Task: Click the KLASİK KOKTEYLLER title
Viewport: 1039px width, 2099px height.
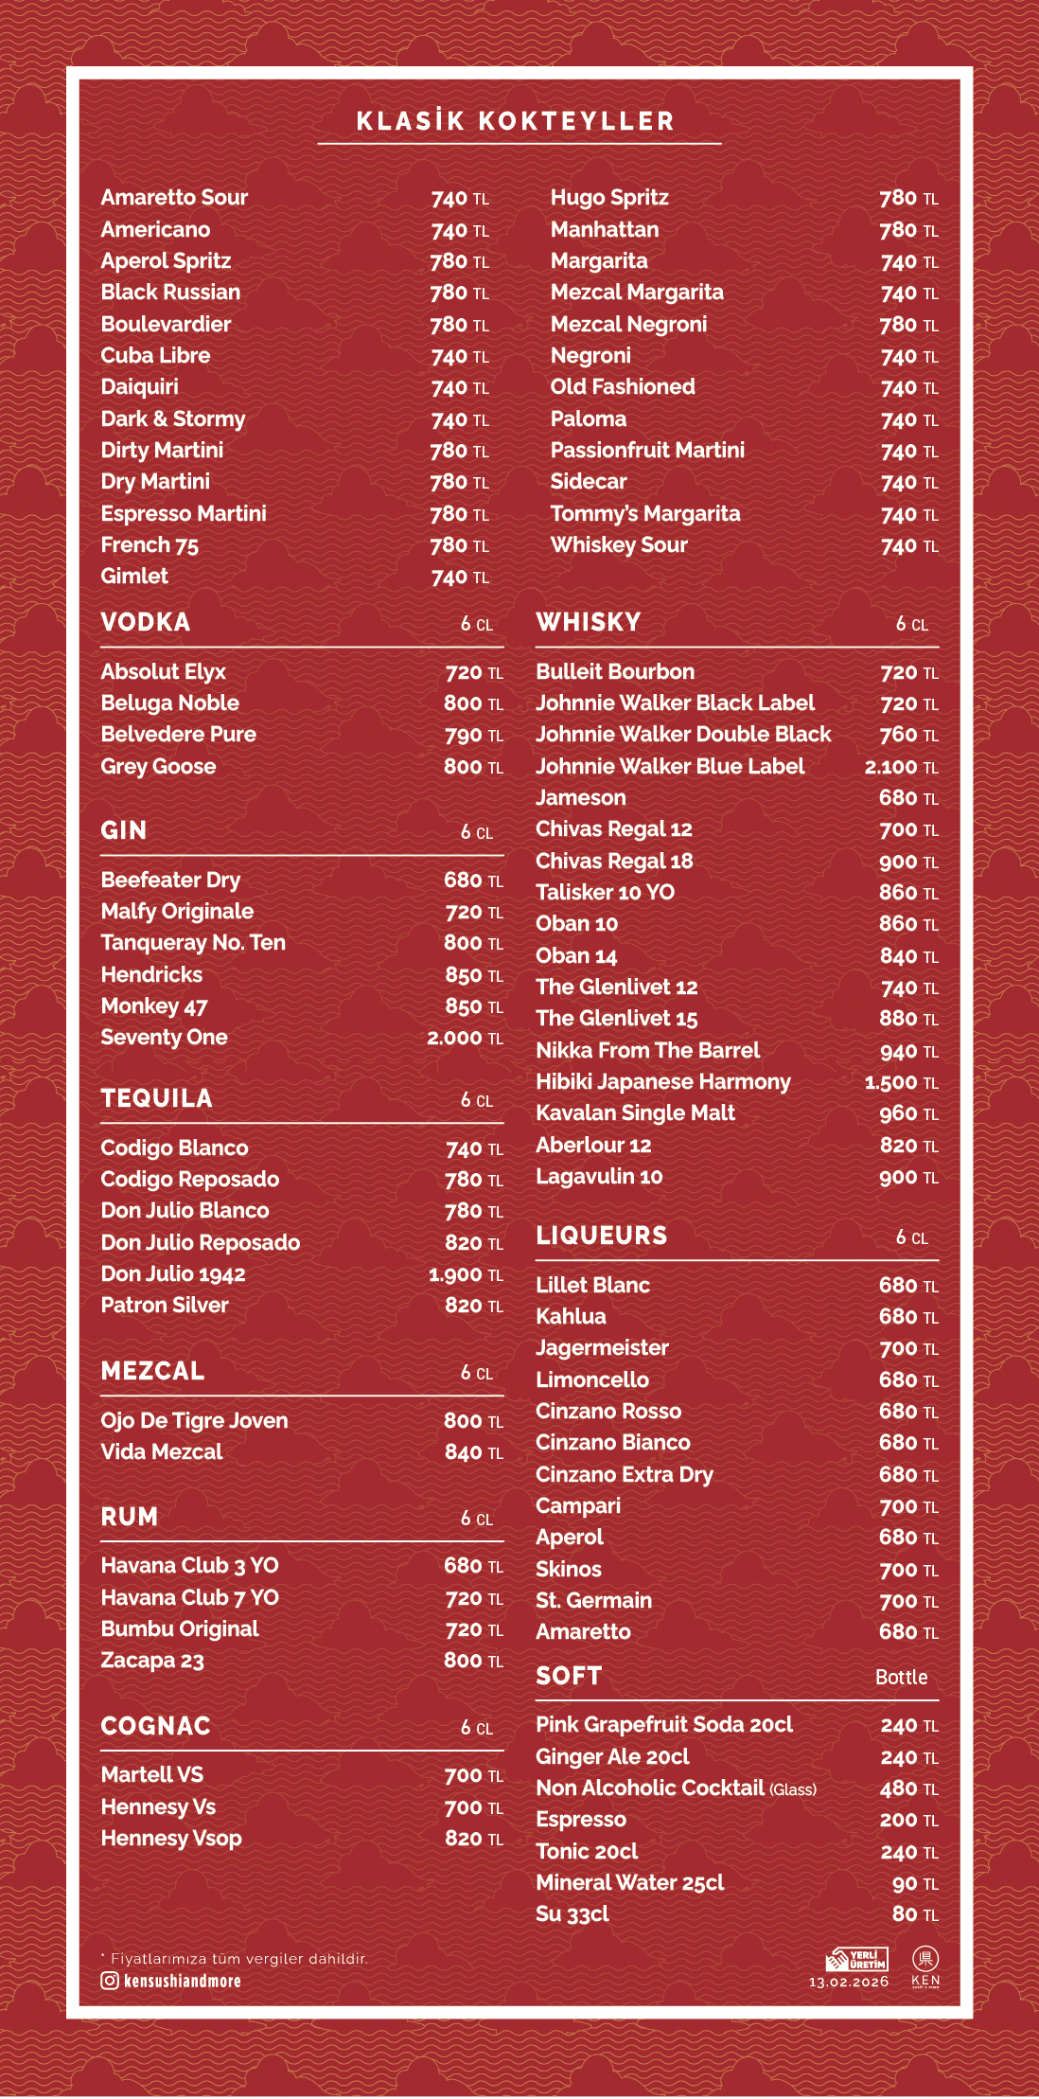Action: [516, 121]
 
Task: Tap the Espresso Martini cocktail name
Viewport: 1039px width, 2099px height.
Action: [184, 513]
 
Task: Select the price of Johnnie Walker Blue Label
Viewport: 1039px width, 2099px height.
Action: [901, 767]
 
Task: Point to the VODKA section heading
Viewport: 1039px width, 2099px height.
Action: [146, 622]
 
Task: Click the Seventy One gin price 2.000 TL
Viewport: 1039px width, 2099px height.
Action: [465, 1038]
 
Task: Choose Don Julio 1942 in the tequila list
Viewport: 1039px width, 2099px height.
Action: [173, 1274]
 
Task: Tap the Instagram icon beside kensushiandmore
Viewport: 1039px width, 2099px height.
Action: [110, 1980]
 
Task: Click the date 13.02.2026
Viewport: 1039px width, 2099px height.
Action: [849, 1982]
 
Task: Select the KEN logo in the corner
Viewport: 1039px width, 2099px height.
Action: [925, 1966]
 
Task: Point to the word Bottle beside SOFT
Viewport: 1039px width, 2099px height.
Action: [901, 1677]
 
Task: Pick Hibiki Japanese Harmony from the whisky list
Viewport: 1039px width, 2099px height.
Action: [663, 1082]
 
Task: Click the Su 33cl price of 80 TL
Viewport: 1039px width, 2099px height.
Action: [914, 1914]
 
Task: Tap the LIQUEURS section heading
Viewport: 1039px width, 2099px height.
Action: [602, 1236]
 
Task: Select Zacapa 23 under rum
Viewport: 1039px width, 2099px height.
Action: [152, 1661]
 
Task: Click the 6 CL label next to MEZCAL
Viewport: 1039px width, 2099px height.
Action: [477, 1373]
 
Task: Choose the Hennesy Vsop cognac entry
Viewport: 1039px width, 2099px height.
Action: [171, 1839]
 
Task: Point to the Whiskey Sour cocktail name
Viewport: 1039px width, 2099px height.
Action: [619, 545]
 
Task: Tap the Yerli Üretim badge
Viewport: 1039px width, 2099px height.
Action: [857, 1959]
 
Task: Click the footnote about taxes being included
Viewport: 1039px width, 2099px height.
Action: [235, 1958]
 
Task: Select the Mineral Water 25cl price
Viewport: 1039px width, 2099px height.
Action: [914, 1883]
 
